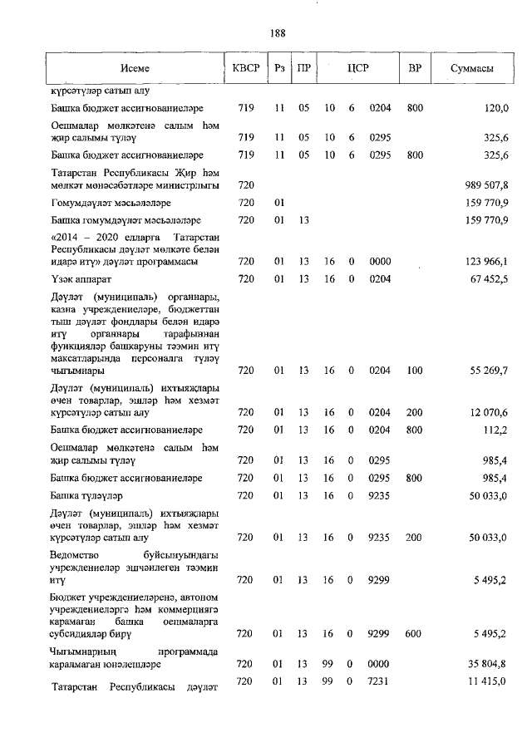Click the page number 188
(x=278, y=33)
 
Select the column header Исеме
(x=134, y=69)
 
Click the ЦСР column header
(x=358, y=69)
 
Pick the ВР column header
(x=415, y=69)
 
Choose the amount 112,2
(x=496, y=429)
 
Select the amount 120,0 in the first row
(x=496, y=108)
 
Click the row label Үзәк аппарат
(x=81, y=278)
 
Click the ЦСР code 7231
(x=379, y=681)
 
